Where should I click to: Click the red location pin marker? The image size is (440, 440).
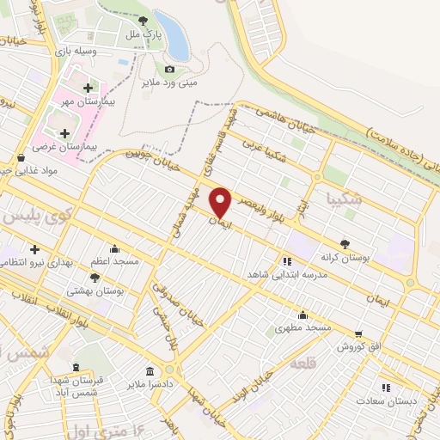point(221,201)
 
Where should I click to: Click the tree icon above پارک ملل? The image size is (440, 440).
point(144,20)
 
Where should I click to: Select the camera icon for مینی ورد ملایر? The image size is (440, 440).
point(169,69)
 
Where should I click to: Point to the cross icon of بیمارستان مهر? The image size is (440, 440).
point(89,88)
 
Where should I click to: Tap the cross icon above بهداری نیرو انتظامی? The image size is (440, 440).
point(34,249)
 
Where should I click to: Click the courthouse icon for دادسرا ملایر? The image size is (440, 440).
point(150,371)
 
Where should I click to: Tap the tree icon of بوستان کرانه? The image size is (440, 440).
point(345,243)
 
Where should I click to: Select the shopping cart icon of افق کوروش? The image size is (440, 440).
point(357,333)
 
